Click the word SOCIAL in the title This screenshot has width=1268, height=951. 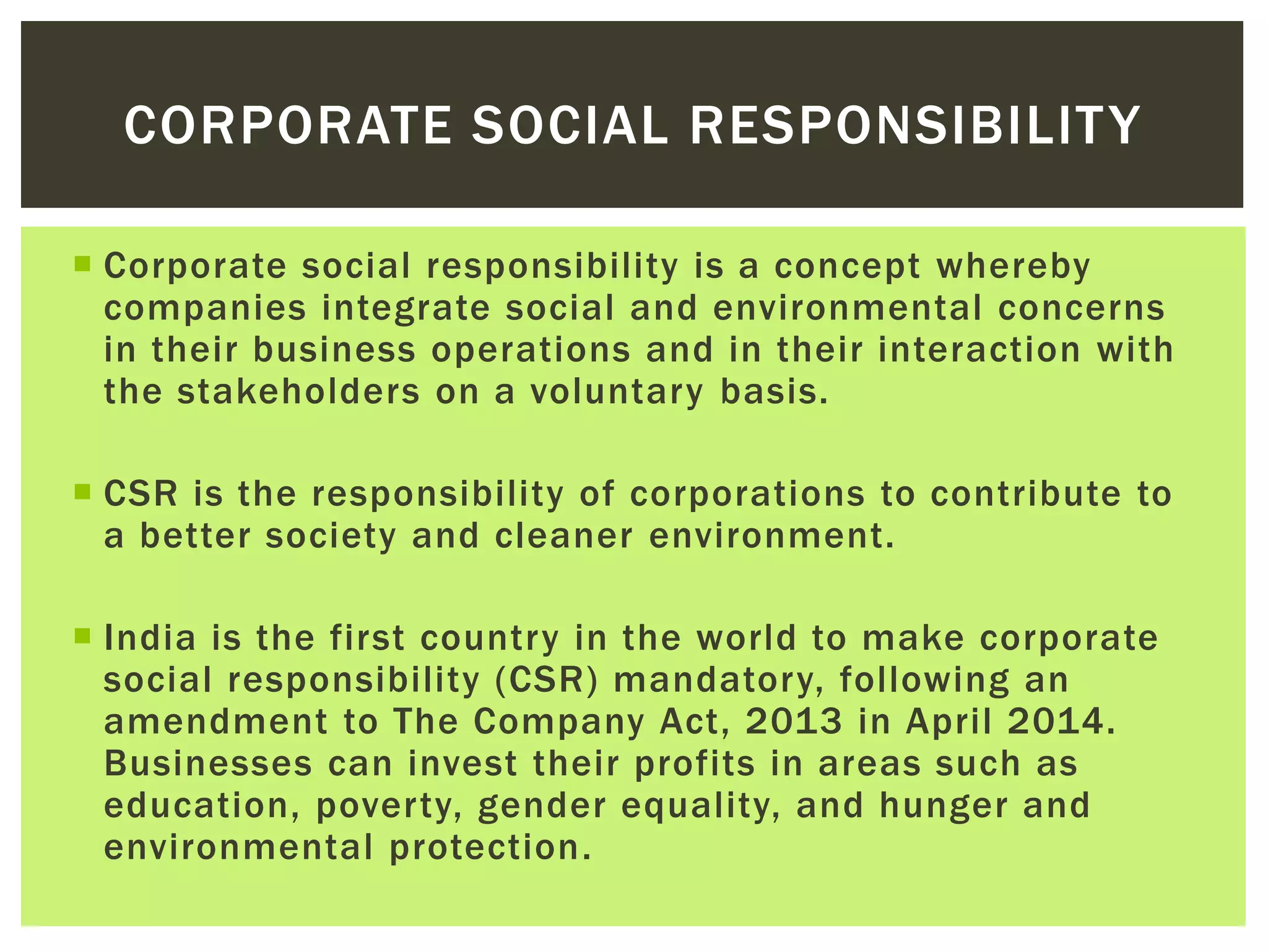(x=570, y=125)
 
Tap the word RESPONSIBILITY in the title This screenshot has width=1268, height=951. (x=914, y=125)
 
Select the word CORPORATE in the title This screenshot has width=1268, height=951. (x=288, y=125)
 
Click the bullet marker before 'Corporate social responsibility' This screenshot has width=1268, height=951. (x=82, y=264)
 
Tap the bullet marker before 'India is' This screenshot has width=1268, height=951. (x=82, y=636)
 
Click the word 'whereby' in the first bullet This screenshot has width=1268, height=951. (x=1013, y=267)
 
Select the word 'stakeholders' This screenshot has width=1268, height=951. (x=298, y=392)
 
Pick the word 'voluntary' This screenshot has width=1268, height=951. (x=617, y=393)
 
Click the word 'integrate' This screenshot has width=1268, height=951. (x=406, y=309)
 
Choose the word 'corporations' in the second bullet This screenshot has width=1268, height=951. (x=747, y=494)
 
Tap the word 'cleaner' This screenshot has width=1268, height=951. (x=564, y=536)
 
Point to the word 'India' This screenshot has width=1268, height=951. (x=150, y=638)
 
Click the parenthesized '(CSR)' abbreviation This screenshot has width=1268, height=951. (x=547, y=680)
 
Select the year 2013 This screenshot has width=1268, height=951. (x=794, y=722)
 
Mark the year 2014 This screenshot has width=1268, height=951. (x=1061, y=722)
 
